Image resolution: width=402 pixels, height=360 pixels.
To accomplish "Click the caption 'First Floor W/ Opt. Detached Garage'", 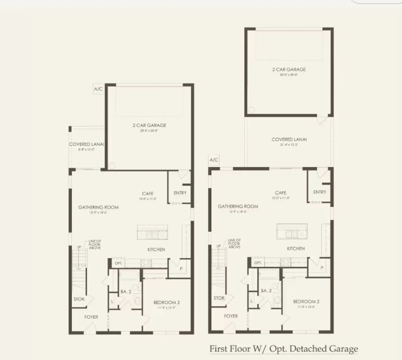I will coord(283,349).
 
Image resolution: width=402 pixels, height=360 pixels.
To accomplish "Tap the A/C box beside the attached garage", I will coord(98,89).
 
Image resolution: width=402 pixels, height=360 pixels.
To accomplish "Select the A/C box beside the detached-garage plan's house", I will coord(214,160).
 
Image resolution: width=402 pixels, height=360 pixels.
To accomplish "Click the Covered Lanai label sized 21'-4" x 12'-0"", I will coord(289,140).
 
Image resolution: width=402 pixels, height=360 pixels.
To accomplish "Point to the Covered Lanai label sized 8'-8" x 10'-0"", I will coord(86,144).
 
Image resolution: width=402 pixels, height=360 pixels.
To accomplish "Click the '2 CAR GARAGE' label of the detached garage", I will coord(289,70).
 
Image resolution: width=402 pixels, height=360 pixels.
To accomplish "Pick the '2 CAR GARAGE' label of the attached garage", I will coord(149,126).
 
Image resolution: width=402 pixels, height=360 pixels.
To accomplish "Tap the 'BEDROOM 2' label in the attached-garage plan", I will coord(166,303).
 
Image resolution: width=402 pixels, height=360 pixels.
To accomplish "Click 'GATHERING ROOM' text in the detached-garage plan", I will coord(238,206).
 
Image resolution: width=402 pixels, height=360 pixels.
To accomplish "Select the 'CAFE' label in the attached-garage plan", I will coord(148,194).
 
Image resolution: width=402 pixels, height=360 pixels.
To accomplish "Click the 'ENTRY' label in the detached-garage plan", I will coord(319,192).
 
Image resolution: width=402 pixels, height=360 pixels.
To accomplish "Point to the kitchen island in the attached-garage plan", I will coord(152,232).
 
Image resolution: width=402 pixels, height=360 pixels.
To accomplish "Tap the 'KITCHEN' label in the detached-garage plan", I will coord(296,249).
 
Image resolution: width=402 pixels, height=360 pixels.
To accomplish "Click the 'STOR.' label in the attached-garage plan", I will coord(79,299).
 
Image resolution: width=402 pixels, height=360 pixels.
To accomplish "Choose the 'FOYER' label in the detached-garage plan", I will coord(231,316).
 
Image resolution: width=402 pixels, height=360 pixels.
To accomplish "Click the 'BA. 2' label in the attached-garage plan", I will coord(126,292).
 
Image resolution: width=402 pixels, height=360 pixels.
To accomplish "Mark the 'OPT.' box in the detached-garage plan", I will coord(258,262).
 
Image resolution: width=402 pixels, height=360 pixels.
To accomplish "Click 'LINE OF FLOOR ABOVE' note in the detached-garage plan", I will coord(235,243).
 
